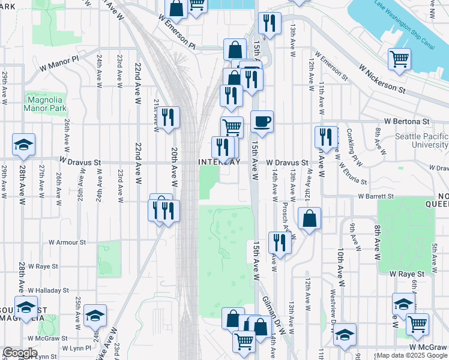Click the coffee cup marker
(261, 122)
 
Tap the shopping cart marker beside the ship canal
(399, 59)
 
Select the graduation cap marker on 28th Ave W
(23, 145)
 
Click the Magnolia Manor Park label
(43, 104)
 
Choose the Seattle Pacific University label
(421, 141)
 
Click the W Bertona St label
(408, 121)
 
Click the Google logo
(20, 353)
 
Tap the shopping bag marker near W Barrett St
(309, 219)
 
